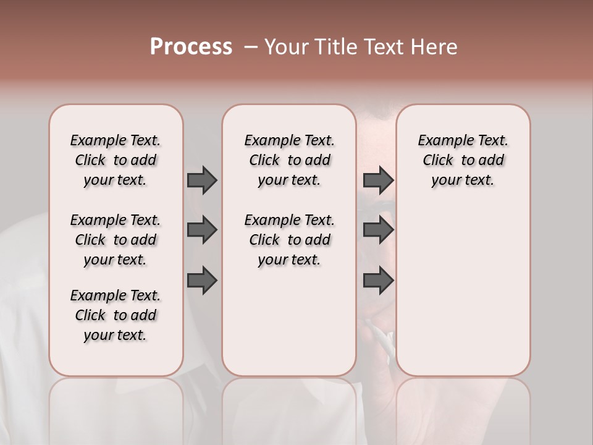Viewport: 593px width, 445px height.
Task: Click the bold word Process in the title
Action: [191, 46]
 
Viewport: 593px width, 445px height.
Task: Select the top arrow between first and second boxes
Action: [202, 180]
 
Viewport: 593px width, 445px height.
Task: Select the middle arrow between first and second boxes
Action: [202, 231]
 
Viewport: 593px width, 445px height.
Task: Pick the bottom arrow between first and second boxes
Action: [202, 281]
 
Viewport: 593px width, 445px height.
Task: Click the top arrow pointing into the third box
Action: [378, 180]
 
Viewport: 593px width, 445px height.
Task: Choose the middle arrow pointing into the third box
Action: [378, 231]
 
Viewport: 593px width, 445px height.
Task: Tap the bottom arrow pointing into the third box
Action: [378, 281]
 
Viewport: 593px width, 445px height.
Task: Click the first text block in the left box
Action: [116, 160]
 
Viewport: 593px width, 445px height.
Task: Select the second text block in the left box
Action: [116, 240]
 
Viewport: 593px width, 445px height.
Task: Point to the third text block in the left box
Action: [116, 315]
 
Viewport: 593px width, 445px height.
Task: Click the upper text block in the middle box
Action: [289, 160]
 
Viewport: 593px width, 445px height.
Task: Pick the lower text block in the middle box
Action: [289, 240]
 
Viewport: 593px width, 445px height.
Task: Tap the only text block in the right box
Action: [463, 160]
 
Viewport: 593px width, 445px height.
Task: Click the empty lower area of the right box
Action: [463, 284]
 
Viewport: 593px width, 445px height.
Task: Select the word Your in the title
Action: [287, 47]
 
